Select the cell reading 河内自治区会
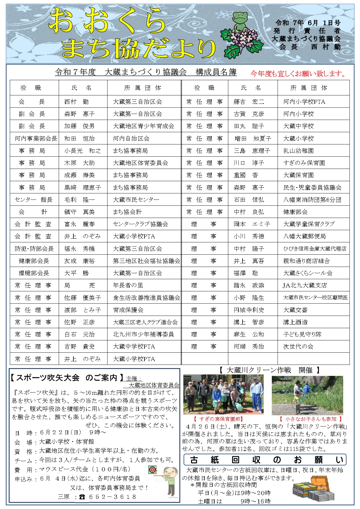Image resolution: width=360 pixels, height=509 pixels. click(x=131, y=139)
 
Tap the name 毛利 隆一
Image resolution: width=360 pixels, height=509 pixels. click(x=79, y=200)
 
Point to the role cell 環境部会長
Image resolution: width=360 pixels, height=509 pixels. click(x=34, y=273)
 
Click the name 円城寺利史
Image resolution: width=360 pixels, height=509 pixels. click(x=249, y=310)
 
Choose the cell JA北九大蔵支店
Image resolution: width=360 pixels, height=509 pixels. click(x=305, y=285)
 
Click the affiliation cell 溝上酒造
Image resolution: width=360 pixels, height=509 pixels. click(x=295, y=322)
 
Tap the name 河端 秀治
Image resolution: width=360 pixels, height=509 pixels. click(x=249, y=347)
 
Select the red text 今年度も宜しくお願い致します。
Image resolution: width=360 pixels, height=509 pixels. click(x=299, y=74)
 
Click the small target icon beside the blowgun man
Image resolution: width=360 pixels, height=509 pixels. click(x=152, y=470)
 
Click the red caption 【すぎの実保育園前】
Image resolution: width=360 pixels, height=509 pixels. click(x=218, y=419)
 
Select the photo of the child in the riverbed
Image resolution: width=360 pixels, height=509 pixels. click(x=307, y=395)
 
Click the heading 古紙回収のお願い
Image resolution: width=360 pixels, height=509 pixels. click(x=265, y=460)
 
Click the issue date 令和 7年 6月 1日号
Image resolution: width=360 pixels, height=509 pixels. click(x=308, y=23)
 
